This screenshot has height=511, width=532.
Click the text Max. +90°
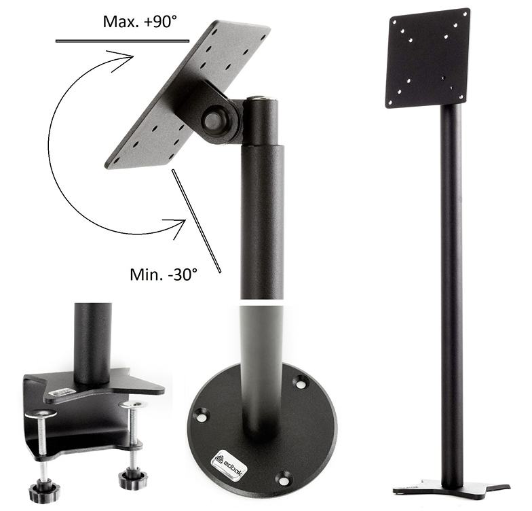coord(140,22)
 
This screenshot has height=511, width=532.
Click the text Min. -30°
coord(164,274)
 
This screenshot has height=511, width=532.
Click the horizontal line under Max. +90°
coord(122,41)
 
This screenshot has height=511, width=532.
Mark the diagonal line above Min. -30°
coord(197,221)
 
